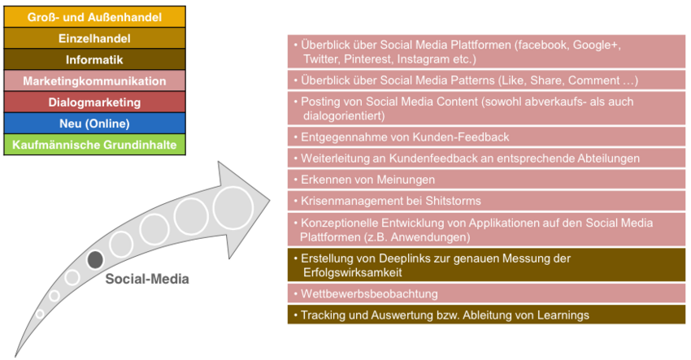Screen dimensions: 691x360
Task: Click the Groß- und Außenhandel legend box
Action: [x=95, y=17]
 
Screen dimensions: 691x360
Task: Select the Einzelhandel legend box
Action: [x=95, y=38]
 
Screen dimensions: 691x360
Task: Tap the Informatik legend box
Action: [x=95, y=59]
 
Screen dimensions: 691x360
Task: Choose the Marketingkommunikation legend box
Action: [x=95, y=80]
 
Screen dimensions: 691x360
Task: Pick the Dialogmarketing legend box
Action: [x=95, y=102]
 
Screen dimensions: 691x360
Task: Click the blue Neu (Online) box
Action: [x=95, y=124]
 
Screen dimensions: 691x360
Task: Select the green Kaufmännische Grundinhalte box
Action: [x=95, y=145]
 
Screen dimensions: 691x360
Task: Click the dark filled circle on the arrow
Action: [x=95, y=259]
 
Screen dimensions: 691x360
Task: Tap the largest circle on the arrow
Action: [x=233, y=208]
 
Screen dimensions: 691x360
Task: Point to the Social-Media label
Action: [x=147, y=279]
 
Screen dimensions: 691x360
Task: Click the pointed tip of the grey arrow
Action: [x=270, y=200]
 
